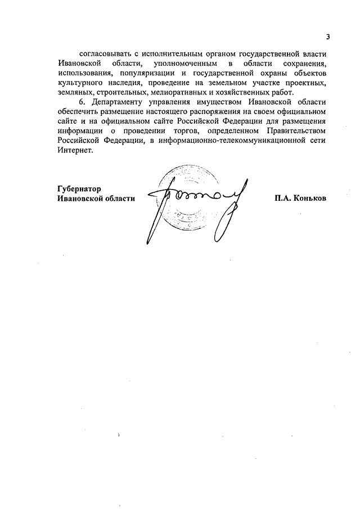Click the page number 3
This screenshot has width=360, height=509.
[327, 37]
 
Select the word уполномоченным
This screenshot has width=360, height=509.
[184, 64]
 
